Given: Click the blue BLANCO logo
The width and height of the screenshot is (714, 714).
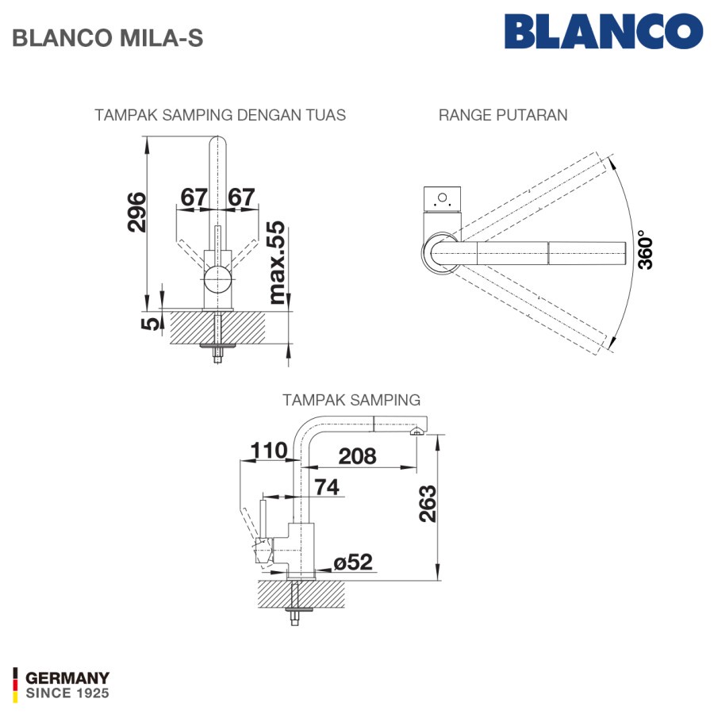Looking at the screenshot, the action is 604,31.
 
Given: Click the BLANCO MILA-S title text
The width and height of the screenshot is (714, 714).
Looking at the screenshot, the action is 107,38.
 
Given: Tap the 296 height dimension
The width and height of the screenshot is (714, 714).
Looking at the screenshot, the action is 137,212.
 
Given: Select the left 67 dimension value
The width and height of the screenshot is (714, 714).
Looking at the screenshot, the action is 194,198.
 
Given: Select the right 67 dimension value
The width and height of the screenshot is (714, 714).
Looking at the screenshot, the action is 241,198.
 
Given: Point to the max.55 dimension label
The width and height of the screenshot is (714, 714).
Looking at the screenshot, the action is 276,263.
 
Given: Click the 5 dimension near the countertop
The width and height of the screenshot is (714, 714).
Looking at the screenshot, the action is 151,324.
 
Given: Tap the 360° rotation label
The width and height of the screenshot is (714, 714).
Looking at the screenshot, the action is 645,250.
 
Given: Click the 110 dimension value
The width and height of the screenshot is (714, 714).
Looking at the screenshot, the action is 269,451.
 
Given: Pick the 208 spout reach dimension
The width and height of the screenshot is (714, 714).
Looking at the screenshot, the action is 358,456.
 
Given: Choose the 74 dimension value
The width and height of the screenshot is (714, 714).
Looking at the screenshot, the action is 327,487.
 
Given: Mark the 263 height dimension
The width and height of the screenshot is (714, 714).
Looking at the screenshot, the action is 428,504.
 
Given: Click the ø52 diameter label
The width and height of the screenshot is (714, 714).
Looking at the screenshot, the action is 353,562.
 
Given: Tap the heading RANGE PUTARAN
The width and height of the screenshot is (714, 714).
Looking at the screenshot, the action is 503,115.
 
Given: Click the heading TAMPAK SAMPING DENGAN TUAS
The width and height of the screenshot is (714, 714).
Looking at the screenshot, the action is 220,115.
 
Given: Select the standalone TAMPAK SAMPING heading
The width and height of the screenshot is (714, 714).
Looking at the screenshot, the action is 351,400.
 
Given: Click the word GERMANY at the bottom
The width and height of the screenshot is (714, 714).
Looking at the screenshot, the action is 67,678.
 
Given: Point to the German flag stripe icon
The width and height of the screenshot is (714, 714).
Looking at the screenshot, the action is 16,685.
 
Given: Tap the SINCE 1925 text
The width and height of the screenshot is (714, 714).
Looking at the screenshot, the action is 67,693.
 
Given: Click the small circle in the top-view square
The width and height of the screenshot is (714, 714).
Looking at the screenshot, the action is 442,198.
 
